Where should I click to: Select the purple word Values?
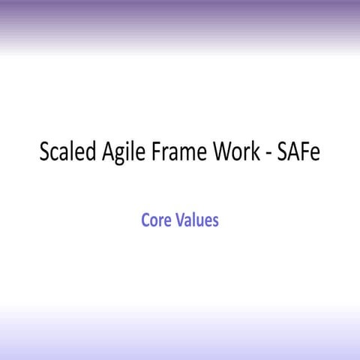[x=196, y=221]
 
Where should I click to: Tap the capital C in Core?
[x=145, y=221]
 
